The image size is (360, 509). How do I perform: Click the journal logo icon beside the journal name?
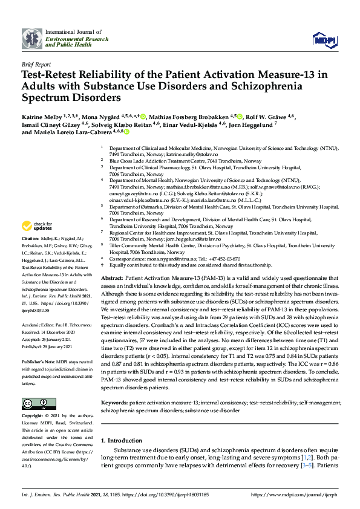(31, 39)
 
